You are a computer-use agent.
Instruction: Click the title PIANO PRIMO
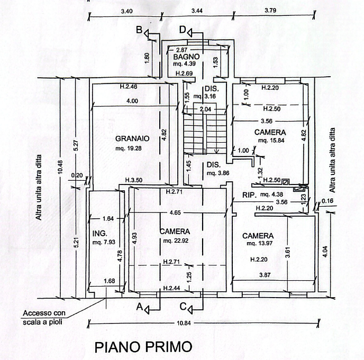coord(143,347)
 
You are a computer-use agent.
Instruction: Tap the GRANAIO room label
coord(132,139)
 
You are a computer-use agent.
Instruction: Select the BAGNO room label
coord(186,57)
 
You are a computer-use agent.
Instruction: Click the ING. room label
coord(100,233)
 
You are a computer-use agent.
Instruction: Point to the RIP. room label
coord(250,195)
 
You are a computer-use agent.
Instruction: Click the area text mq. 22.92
coord(176,241)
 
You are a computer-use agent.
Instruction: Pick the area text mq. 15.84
coord(271,140)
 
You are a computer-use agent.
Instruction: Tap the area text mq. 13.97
coord(260,243)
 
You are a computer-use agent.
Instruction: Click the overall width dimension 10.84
coord(184,323)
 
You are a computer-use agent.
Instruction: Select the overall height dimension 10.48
coord(60,167)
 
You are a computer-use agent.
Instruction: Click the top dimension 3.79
coord(270,11)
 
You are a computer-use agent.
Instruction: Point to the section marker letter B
coord(139,30)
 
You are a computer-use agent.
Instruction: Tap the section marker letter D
coord(183,30)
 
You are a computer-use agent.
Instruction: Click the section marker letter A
coord(139,307)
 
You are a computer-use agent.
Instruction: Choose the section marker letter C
coord(183,307)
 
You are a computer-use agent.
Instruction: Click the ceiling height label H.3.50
coord(134,180)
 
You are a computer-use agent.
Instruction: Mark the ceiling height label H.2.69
coord(184,73)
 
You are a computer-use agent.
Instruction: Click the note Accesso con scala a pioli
coord(44,318)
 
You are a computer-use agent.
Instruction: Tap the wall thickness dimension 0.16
coord(327,201)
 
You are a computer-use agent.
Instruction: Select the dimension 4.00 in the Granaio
coord(132,101)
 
